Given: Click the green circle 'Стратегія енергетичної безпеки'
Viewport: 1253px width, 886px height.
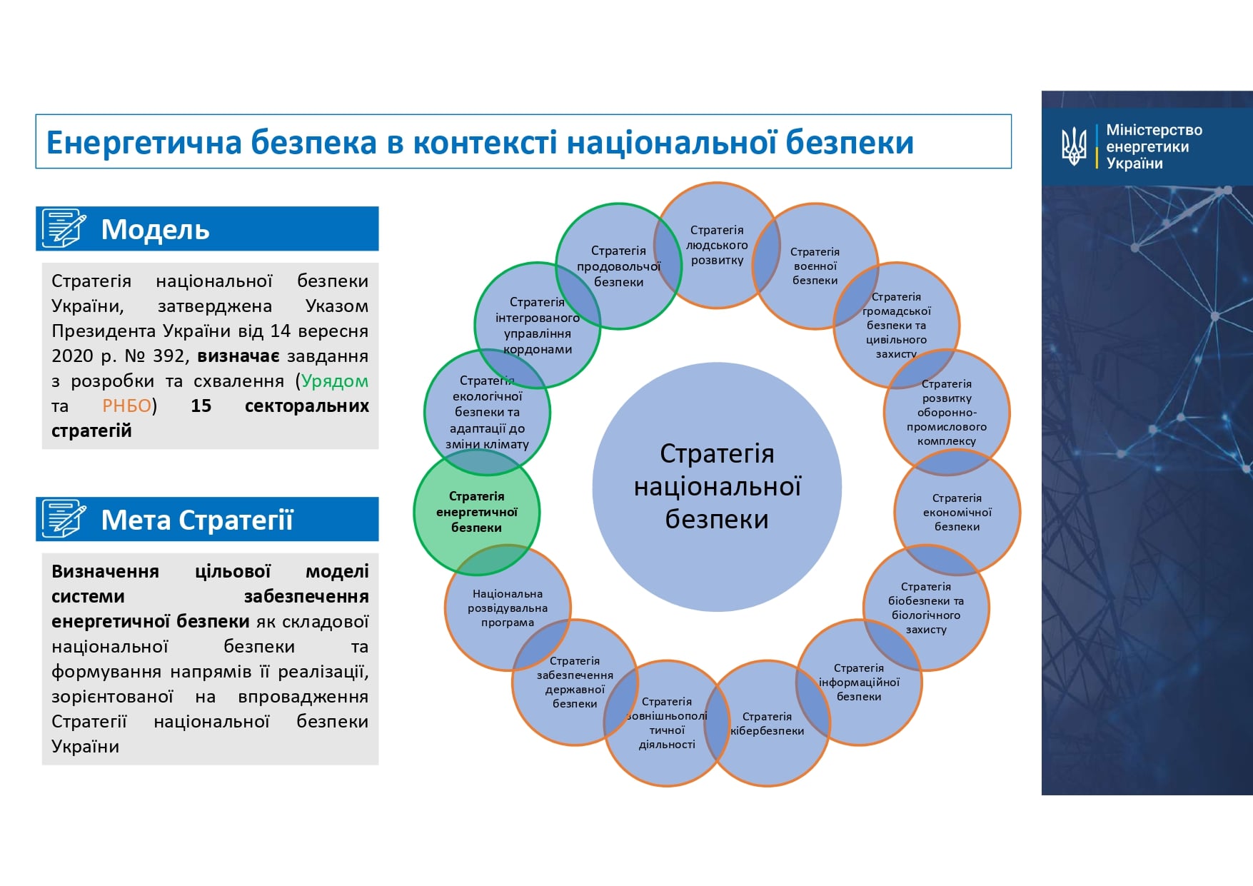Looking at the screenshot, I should (476, 512).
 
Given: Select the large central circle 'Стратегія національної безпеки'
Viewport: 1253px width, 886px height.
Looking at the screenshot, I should (717, 487).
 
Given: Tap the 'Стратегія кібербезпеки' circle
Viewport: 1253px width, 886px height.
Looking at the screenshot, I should (767, 723).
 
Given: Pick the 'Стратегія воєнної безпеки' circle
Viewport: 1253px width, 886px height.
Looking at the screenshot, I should (815, 266).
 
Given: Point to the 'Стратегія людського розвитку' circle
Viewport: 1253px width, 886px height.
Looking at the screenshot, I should (716, 245).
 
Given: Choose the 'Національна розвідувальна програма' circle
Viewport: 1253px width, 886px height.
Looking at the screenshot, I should (507, 608).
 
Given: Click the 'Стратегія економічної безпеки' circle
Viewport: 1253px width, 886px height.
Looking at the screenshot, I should (957, 512).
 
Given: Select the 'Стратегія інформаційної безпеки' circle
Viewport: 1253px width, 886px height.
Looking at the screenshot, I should (859, 683).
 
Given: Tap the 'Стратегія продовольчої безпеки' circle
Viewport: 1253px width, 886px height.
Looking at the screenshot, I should (618, 266).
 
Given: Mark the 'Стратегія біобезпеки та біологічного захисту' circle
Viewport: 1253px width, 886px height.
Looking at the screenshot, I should (926, 608).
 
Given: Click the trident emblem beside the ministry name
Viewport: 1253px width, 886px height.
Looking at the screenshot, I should (1074, 146).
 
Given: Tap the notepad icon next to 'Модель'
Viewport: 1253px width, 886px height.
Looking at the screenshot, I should (64, 228).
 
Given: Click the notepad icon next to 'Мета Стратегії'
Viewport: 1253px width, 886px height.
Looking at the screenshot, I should (64, 519).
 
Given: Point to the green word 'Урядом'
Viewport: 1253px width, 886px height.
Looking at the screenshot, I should (335, 381).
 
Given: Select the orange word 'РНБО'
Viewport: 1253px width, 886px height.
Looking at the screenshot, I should (126, 406).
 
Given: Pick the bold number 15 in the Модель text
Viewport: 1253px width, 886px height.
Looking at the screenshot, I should (201, 406).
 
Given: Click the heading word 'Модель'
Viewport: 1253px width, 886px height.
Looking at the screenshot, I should (155, 229).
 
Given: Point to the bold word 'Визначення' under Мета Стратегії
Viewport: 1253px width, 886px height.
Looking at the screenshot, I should (105, 571).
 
